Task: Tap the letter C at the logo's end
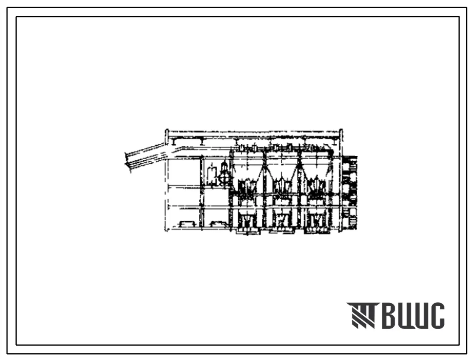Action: click(x=435, y=315)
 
